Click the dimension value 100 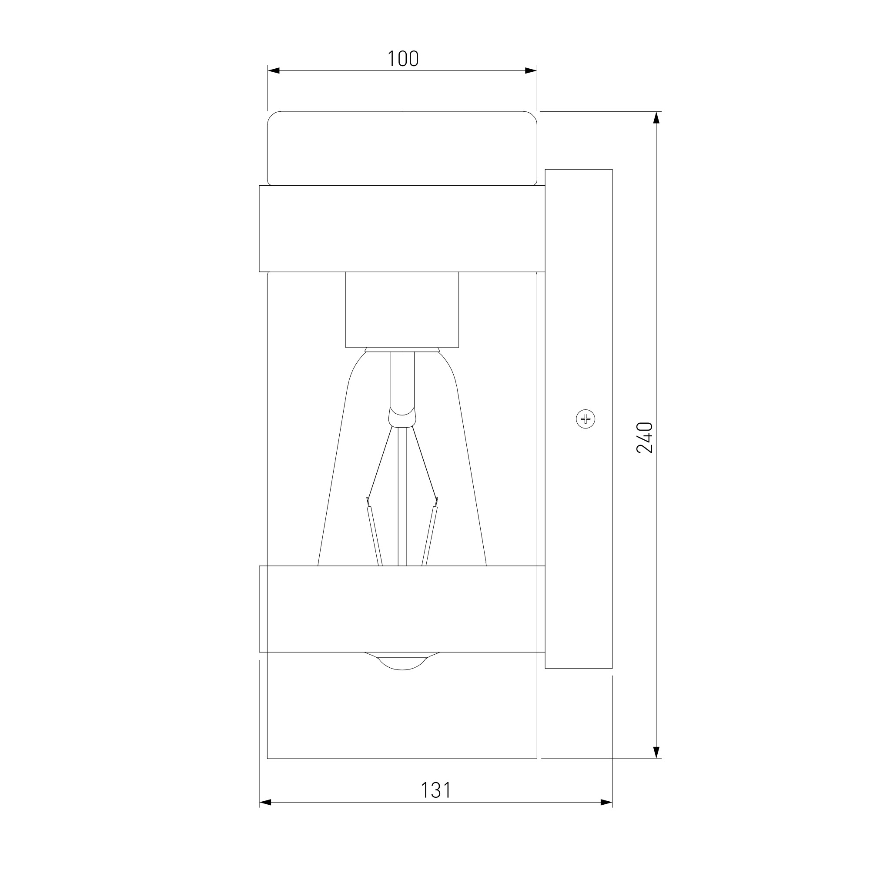(403, 59)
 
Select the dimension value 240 (645, 437)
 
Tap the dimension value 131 (435, 790)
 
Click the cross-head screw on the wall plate (586, 419)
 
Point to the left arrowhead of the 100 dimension (274, 71)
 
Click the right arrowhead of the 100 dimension (531, 71)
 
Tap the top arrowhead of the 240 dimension (656, 117)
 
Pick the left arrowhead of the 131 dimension (265, 803)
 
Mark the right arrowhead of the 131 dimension (606, 803)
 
